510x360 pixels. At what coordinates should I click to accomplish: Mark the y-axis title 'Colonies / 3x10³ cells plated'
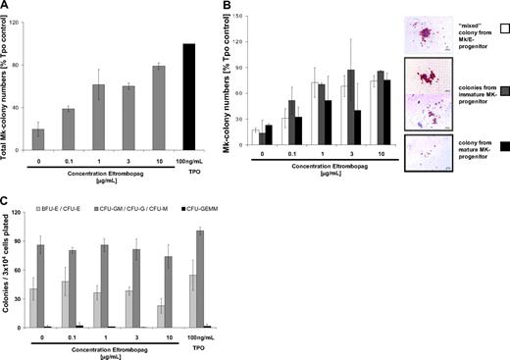[x=10, y=280]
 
